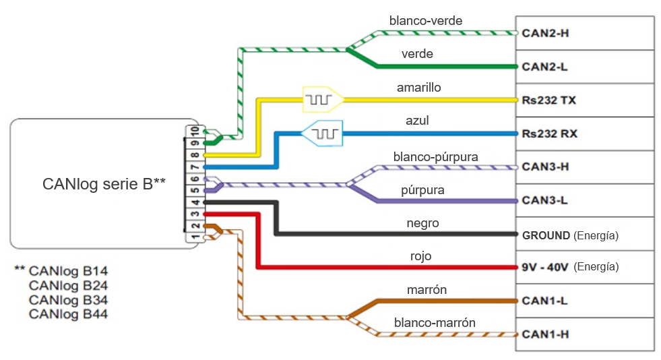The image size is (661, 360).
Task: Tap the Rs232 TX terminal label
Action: point(549,100)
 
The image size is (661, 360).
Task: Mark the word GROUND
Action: point(546,235)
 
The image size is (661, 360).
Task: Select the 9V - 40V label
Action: point(544,267)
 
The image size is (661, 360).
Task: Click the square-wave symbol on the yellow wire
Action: point(318,100)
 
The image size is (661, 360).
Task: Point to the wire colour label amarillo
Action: point(419,88)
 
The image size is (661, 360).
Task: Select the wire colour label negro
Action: point(423,223)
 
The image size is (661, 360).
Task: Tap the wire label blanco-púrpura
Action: point(436,156)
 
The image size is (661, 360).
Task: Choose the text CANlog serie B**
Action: point(104,183)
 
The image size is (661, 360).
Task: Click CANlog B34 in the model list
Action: point(68,299)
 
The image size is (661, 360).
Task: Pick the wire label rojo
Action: point(420,256)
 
